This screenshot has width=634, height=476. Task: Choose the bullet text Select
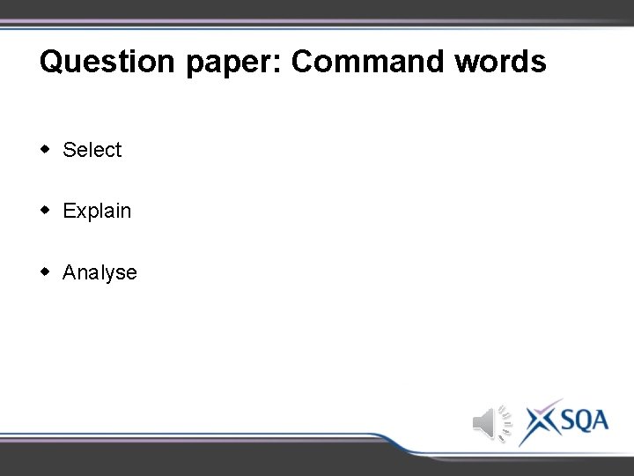click(92, 150)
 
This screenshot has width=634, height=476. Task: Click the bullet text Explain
click(97, 212)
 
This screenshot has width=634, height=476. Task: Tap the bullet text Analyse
click(100, 273)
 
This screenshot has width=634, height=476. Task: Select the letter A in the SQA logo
click(598, 420)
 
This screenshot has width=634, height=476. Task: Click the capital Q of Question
click(51, 63)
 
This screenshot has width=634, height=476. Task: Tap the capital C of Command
click(302, 63)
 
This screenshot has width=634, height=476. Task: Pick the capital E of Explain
click(69, 212)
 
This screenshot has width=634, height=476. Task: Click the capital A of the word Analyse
click(70, 273)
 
